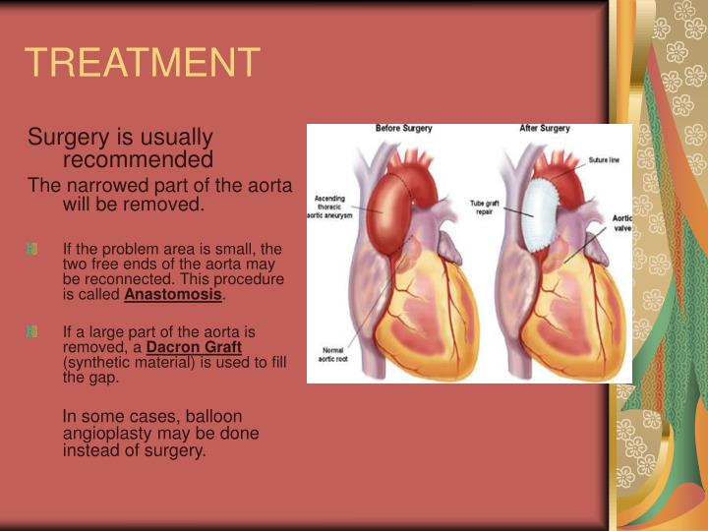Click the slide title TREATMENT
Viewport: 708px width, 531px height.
[x=143, y=62]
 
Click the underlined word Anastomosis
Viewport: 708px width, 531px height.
[x=173, y=294]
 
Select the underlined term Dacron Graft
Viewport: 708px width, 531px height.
[x=194, y=346]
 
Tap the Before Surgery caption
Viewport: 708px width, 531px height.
[x=404, y=129]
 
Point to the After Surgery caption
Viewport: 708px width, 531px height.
[x=545, y=129]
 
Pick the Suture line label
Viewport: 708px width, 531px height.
[x=604, y=158]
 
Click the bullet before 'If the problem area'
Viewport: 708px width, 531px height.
[x=32, y=249]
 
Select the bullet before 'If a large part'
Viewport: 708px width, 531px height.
[x=32, y=331]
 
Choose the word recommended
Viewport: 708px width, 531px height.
[x=138, y=159]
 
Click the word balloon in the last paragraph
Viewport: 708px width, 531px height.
[x=213, y=416]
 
